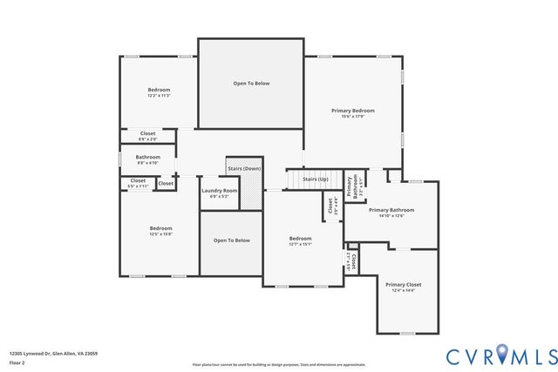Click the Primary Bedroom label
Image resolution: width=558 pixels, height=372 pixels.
tap(352, 111)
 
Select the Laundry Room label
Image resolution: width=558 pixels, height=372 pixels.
tap(219, 190)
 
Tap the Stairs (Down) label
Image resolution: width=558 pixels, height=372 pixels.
tap(244, 168)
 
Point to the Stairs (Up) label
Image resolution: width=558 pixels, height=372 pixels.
tap(315, 179)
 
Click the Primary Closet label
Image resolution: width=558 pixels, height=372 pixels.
tap(403, 285)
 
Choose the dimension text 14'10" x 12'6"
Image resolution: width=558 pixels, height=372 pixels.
tap(391, 216)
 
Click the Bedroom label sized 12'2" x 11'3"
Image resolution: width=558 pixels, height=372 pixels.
tap(159, 90)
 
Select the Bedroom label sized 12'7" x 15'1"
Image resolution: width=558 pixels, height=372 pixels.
tap(300, 238)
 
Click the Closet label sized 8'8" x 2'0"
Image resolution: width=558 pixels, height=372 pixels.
tap(148, 133)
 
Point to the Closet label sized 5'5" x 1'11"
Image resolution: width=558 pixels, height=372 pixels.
tap(138, 180)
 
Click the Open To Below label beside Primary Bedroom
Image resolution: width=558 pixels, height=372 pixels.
tap(251, 83)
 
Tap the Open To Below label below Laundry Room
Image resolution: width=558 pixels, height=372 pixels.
tap(232, 240)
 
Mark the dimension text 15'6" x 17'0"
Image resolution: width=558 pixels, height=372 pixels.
tap(352, 117)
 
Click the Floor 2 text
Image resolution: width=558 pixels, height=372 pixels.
tap(17, 361)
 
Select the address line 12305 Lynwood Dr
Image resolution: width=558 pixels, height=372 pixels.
tap(53, 353)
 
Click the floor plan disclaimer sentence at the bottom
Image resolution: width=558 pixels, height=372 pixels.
tap(278, 364)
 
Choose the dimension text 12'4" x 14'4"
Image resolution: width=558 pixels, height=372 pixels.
tap(403, 291)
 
